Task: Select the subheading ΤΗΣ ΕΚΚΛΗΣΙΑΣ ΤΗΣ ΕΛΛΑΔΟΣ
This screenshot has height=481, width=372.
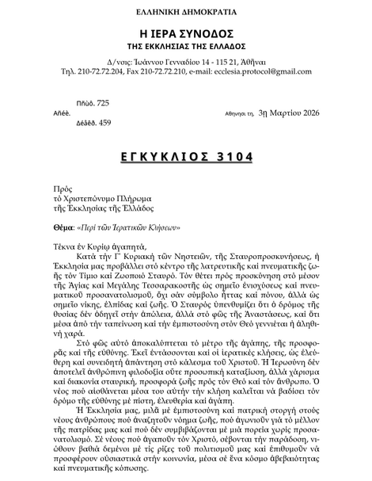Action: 185,47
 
